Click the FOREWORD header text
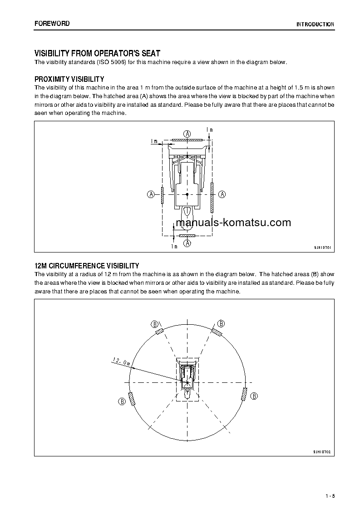point(52,24)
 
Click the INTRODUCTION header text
point(315,25)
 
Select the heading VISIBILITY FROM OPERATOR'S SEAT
point(98,53)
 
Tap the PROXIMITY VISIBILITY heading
point(69,79)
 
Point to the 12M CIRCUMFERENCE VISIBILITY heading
point(87,266)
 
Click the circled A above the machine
point(187,133)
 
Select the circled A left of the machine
point(151,194)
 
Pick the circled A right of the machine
point(222,194)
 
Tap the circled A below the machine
point(187,243)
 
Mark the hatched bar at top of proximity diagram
point(187,140)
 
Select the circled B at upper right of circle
point(221,323)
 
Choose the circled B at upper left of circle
point(155,324)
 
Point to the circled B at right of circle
point(254,396)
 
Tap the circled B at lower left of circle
point(122,401)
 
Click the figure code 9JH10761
point(322,248)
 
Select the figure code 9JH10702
point(322,452)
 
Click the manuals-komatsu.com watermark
point(232,223)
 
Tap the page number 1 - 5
point(330,495)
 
